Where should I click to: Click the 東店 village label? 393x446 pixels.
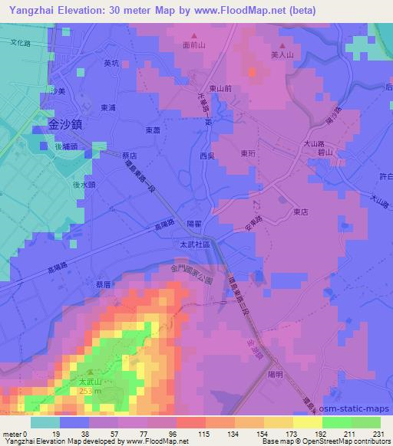(x=300, y=212)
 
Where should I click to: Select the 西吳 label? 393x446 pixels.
(x=208, y=156)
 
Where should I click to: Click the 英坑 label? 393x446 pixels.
(x=113, y=64)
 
